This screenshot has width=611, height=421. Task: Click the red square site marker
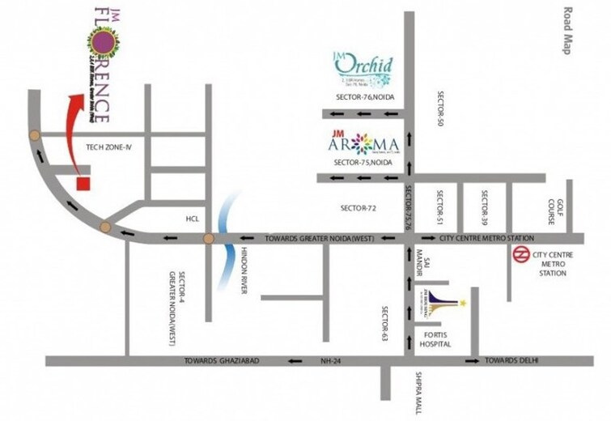coord(82,181)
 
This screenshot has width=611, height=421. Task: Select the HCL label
coord(191,219)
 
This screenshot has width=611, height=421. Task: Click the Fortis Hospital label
coord(435,339)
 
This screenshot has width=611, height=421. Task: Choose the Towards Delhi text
coord(511,360)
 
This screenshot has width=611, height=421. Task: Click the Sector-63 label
coord(387,322)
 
